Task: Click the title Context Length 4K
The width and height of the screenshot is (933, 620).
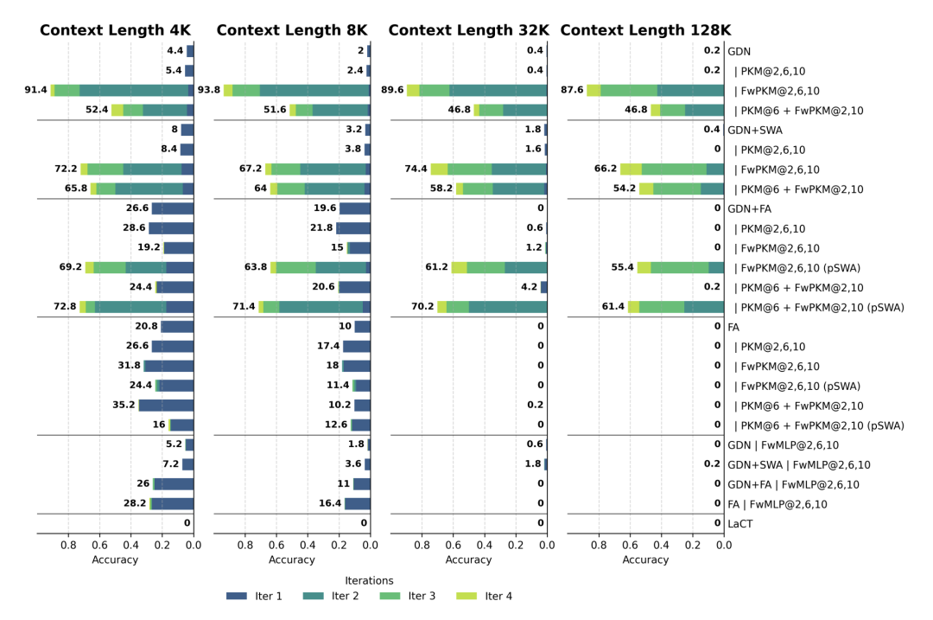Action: pos(115,30)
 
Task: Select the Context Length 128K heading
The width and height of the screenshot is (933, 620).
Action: pos(645,30)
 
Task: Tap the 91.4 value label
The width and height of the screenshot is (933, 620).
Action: pos(36,90)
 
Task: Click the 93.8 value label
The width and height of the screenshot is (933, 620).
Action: pos(209,90)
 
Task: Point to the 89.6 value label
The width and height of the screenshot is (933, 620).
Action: pos(392,90)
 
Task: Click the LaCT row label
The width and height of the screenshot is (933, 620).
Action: pos(740,524)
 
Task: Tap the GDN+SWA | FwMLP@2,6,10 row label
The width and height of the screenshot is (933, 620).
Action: pos(798,464)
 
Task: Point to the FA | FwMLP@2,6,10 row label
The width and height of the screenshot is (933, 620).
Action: pos(777,504)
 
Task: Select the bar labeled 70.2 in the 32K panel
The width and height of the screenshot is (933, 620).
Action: pos(492,307)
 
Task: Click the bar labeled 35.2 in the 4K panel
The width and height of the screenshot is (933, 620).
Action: pos(166,405)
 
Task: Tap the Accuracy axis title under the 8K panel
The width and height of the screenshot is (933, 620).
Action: pos(292,559)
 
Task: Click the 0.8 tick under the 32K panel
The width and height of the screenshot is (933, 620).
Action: pos(422,545)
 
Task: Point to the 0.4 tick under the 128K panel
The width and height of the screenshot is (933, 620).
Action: pos(661,545)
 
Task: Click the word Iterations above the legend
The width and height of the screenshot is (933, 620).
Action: pos(369,580)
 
